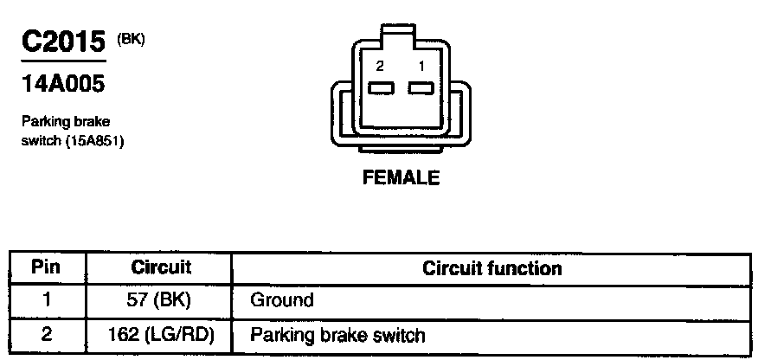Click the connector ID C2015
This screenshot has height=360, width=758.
tap(62, 42)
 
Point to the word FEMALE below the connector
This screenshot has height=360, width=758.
tap(401, 178)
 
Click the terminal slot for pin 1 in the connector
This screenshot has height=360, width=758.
tap(421, 87)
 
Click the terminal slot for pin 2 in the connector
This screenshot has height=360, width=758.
tap(380, 87)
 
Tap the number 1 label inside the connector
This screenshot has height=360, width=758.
tap(421, 66)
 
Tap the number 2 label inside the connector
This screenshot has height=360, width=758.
tap(379, 66)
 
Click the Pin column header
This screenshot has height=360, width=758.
tap(47, 267)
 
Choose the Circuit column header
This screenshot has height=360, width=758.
tap(160, 267)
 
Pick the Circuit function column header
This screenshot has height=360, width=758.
tap(491, 268)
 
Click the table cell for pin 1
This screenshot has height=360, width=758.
tap(47, 301)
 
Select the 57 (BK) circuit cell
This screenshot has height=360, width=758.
tap(160, 301)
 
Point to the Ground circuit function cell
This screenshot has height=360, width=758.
tap(281, 301)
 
